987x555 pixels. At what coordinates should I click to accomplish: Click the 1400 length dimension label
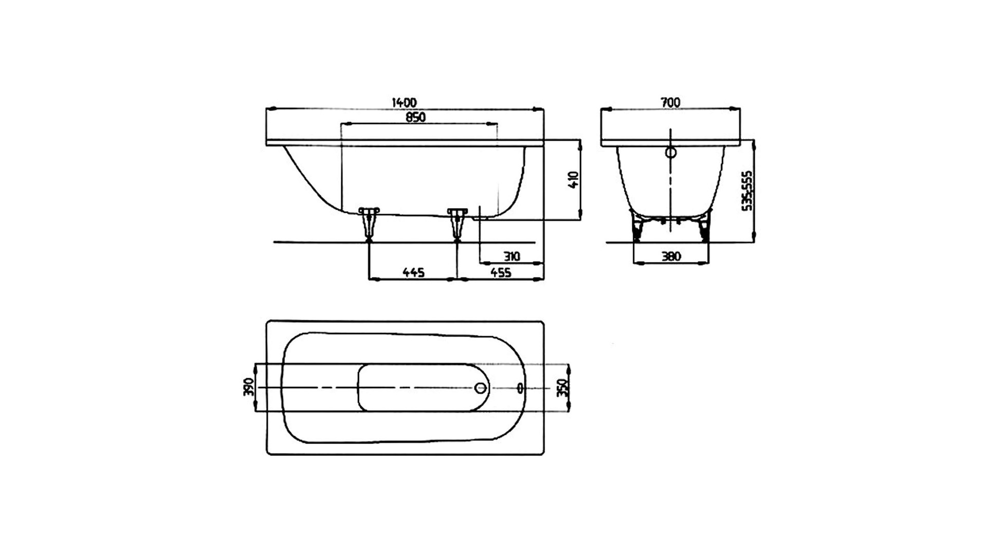pos(404,103)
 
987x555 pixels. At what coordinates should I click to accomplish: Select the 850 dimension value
pos(416,117)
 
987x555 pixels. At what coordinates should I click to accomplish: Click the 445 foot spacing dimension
pos(413,272)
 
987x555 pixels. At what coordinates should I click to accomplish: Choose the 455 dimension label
pos(501,272)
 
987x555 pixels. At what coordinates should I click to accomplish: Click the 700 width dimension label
pos(670,103)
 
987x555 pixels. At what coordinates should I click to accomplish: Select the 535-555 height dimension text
pos(748,190)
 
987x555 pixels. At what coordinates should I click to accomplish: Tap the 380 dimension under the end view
pos(671,256)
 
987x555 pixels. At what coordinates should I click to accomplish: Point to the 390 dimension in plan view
pos(249,387)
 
